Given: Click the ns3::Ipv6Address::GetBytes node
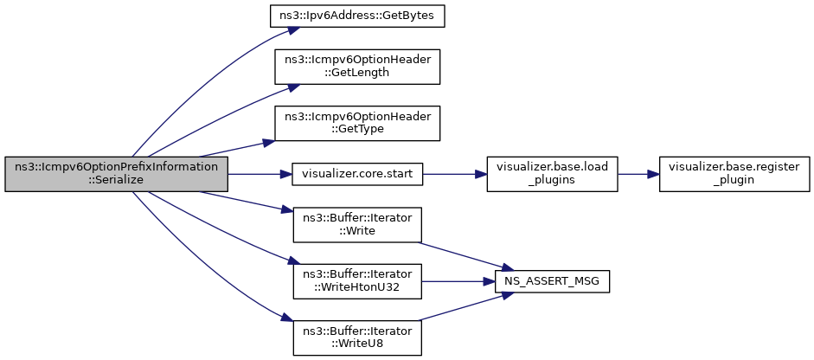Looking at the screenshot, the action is coord(357,17).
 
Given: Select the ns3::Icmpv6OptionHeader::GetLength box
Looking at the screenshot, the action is coord(357,67).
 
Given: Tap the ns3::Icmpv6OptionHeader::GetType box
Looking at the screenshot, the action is coord(357,123).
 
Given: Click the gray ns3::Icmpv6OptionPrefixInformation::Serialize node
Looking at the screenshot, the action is coord(116,173).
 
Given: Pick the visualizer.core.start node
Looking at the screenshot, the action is coord(357,173).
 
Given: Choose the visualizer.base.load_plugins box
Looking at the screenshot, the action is coord(552,173).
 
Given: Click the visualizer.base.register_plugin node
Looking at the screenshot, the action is coord(734,173).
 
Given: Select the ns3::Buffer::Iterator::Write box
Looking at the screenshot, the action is coord(357,224).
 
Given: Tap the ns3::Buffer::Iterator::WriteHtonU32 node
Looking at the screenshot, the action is coord(357,281).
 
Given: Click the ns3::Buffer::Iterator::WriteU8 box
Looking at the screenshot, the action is coord(357,337).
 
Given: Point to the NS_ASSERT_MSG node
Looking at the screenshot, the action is coord(552,281).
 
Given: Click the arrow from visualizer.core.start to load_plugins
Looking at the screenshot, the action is coord(455,173).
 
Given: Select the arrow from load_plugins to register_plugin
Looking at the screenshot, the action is coord(638,173).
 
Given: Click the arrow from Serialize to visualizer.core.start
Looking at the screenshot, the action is coord(260,173).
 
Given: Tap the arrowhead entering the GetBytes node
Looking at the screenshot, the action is coord(294,29).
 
